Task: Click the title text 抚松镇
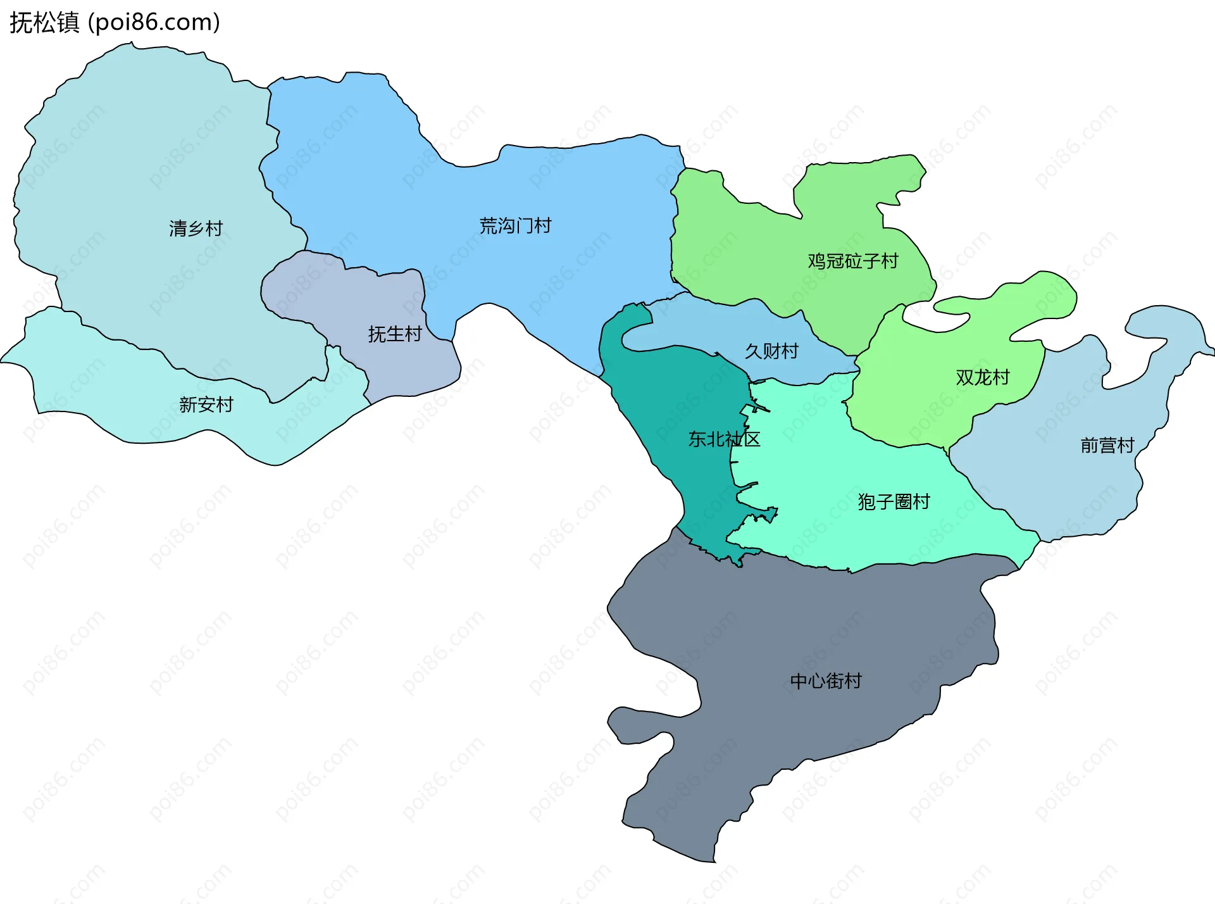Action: tap(44, 23)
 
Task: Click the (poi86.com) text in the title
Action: tap(154, 23)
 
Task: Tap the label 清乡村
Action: tap(196, 229)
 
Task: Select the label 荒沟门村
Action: tap(515, 226)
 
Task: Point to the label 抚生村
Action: tap(395, 334)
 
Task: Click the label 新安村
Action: tap(206, 405)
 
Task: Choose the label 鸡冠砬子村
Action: tap(852, 261)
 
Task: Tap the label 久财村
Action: tap(771, 351)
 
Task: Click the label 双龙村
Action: tap(982, 378)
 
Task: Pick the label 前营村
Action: tap(1107, 446)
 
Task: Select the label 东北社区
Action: tap(724, 439)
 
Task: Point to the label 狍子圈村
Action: tap(894, 502)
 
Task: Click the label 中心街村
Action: tap(826, 681)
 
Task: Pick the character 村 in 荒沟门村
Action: tap(543, 226)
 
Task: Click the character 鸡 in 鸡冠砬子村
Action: tap(816, 261)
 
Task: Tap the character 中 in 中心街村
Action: tap(799, 681)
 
